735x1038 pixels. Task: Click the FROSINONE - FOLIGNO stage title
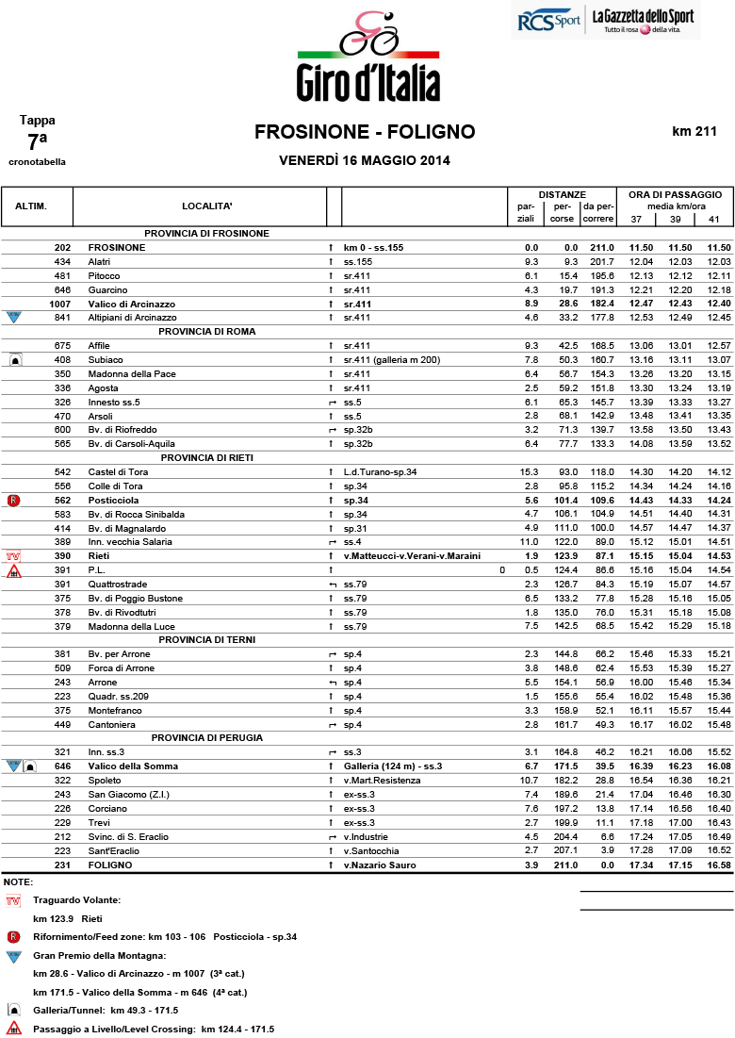pyautogui.click(x=365, y=132)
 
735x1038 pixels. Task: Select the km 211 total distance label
pyautogui.click(x=694, y=132)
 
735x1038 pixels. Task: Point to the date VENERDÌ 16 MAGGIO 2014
pyautogui.click(x=365, y=160)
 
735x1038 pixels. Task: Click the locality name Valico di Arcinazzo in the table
pyautogui.click(x=132, y=304)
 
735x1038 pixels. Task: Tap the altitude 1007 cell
pyautogui.click(x=60, y=304)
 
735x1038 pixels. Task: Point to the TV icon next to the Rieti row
pyautogui.click(x=13, y=557)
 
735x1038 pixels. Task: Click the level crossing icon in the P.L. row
pyautogui.click(x=13, y=570)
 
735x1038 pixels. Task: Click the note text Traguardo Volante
pyautogui.click(x=76, y=900)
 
